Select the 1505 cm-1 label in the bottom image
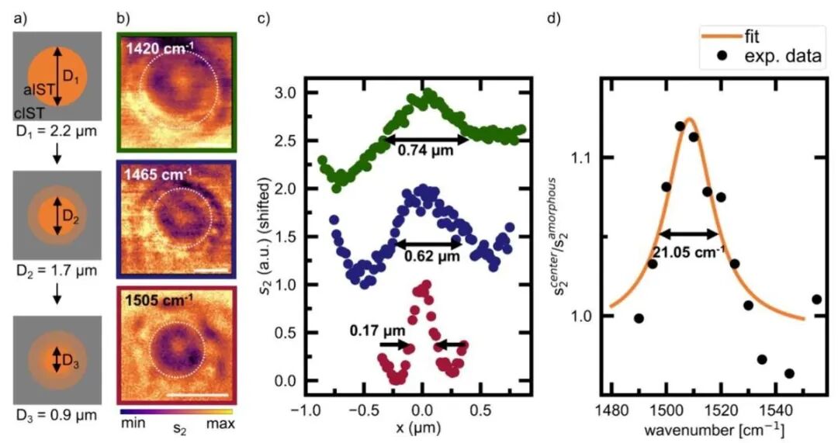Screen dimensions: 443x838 160,299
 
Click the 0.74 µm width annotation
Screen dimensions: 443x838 426,152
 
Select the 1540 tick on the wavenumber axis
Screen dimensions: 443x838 761,406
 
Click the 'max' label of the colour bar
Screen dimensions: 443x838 220,424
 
